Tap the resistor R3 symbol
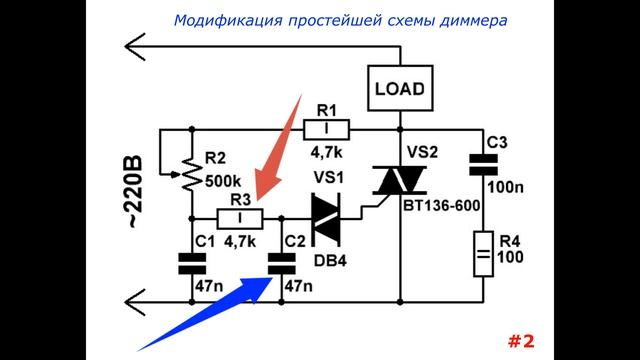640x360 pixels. coord(240,218)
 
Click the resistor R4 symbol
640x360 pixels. coord(484,254)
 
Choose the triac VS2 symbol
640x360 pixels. coord(400,182)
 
